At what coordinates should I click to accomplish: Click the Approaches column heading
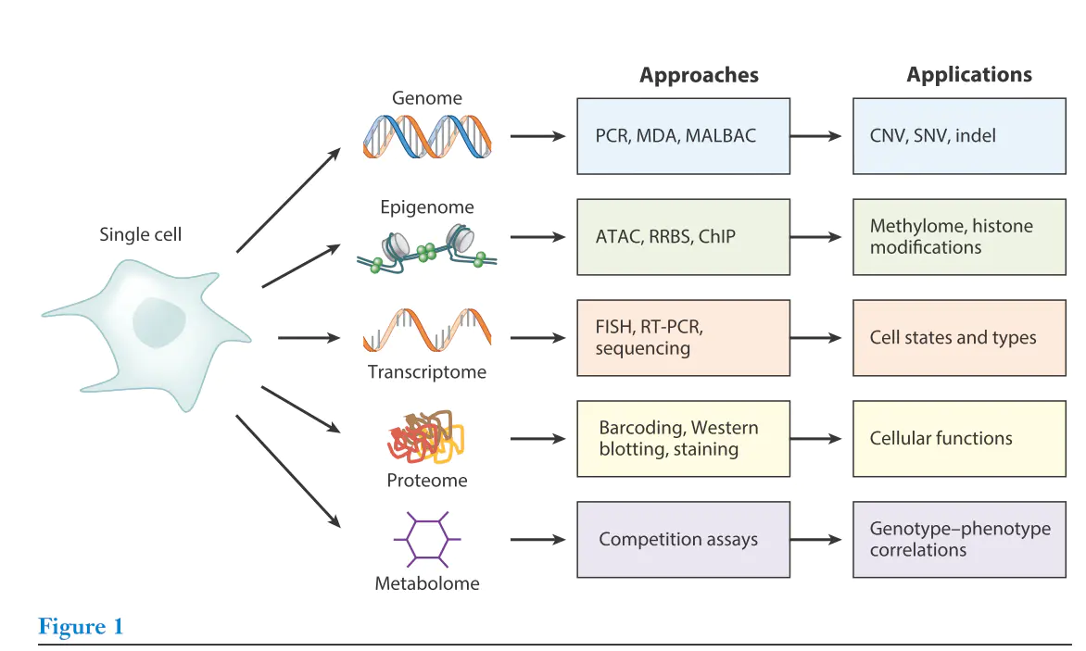point(699,76)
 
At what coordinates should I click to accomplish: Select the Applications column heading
point(968,75)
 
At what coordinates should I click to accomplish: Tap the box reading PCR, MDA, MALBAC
point(683,136)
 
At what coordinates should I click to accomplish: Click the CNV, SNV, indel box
point(958,136)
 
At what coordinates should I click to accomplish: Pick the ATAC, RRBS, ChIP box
point(683,237)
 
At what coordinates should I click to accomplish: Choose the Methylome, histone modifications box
point(958,237)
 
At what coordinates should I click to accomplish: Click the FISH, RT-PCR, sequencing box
point(683,338)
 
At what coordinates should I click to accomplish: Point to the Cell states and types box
point(958,338)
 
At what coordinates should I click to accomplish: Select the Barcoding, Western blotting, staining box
point(683,439)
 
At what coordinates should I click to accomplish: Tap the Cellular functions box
point(958,439)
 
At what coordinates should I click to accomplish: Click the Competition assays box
point(683,540)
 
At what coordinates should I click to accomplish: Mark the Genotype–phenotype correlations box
point(958,540)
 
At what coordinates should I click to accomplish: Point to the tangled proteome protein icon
point(424,438)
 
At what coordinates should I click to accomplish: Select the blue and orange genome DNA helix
point(427,137)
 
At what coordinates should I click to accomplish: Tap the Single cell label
point(140,235)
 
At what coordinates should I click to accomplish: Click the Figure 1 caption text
point(81,627)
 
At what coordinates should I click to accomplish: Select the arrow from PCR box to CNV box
point(820,136)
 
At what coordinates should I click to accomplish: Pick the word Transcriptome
point(426,372)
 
